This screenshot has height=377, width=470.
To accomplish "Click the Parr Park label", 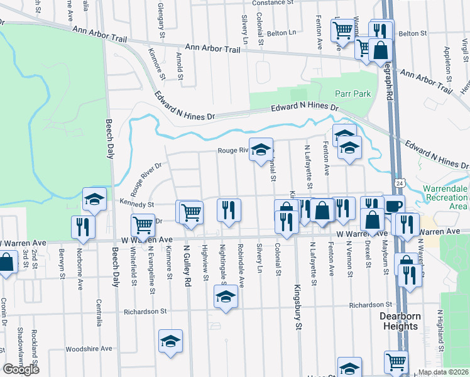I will click(352, 94).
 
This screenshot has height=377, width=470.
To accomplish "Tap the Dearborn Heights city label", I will click(400, 322).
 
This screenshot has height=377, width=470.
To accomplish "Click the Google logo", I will click(21, 369).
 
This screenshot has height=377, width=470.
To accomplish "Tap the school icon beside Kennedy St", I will click(94, 199).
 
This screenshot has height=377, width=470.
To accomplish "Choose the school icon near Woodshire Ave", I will click(170, 341).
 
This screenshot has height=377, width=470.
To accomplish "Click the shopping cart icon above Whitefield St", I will click(143, 224).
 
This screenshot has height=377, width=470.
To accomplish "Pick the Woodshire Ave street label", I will click(89, 348).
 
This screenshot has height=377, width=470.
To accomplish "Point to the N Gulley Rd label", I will click(187, 266).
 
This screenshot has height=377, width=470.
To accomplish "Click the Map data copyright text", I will click(443, 372).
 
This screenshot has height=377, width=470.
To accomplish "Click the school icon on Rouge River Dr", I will click(261, 149).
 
